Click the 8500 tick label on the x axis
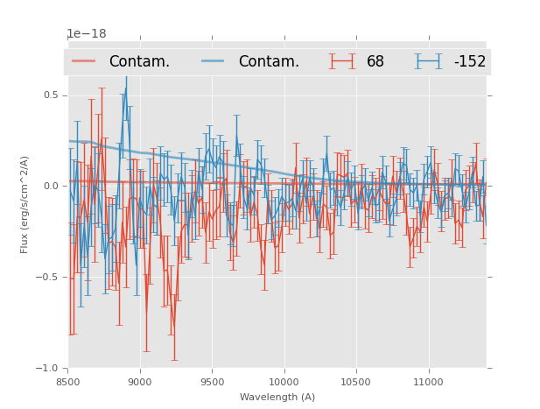(68, 382)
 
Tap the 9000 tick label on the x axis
(140, 382)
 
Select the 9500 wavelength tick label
(212, 382)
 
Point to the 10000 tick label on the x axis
(284, 382)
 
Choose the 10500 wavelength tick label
(355, 382)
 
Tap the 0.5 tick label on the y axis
(52, 95)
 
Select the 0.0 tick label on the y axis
(52, 186)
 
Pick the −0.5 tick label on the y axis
(49, 277)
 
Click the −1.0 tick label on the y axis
(49, 368)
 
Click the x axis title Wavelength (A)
(277, 397)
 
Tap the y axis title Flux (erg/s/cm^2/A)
(25, 204)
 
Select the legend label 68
(375, 61)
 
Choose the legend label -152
(469, 61)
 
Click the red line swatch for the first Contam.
(85, 61)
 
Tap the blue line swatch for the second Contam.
(214, 61)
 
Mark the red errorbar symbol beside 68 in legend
(342, 61)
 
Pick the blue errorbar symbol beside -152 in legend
(428, 61)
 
